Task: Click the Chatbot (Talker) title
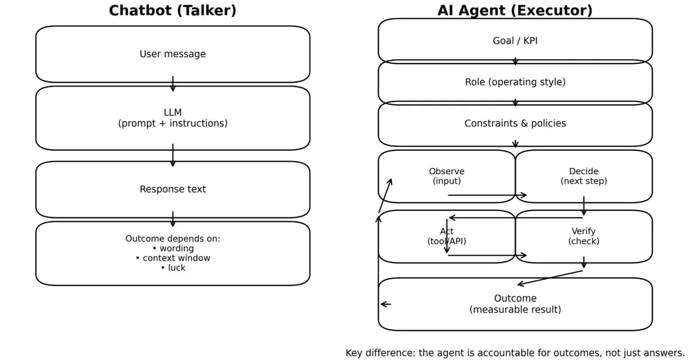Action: pos(173,11)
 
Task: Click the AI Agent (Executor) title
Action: pos(515,11)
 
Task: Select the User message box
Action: pos(173,54)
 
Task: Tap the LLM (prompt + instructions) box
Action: pos(173,118)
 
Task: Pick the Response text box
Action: pos(173,189)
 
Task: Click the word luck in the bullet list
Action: pos(177,268)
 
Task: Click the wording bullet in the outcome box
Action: pos(176,248)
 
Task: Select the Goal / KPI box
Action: pos(515,41)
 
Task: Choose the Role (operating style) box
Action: pos(515,82)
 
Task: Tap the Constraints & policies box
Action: pos(515,123)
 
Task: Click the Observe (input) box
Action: pos(447,176)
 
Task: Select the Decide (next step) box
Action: pos(584,176)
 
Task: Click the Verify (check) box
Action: pos(584,236)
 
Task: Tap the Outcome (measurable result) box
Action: pos(515,304)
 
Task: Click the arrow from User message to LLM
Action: pos(173,84)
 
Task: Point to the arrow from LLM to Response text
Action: pos(173,155)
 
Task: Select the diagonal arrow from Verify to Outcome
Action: pos(550,277)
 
